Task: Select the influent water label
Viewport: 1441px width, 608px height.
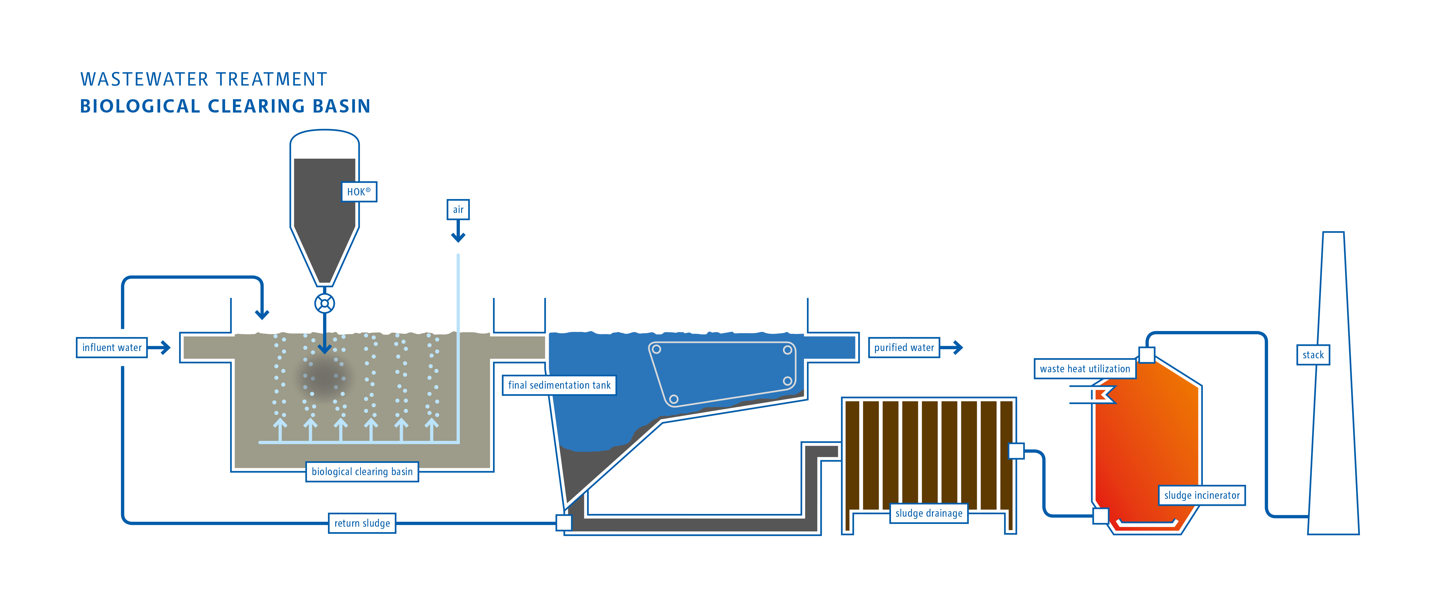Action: [x=112, y=347]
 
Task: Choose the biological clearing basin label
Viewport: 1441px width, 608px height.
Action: [x=362, y=471]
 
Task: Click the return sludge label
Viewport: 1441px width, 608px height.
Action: [x=362, y=523]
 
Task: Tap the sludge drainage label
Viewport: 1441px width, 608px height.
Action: [x=929, y=513]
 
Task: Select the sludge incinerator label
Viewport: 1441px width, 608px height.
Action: [x=1202, y=495]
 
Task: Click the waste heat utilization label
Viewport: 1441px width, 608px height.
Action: [x=1085, y=369]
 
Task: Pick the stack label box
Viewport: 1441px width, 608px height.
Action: [x=1313, y=355]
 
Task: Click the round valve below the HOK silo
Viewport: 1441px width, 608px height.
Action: [x=324, y=304]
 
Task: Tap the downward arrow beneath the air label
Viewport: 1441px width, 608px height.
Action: [x=458, y=231]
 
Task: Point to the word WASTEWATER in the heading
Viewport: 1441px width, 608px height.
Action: [x=144, y=79]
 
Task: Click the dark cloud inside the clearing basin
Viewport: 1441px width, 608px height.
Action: [x=324, y=378]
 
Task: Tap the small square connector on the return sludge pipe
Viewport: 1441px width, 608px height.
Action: [x=564, y=522]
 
